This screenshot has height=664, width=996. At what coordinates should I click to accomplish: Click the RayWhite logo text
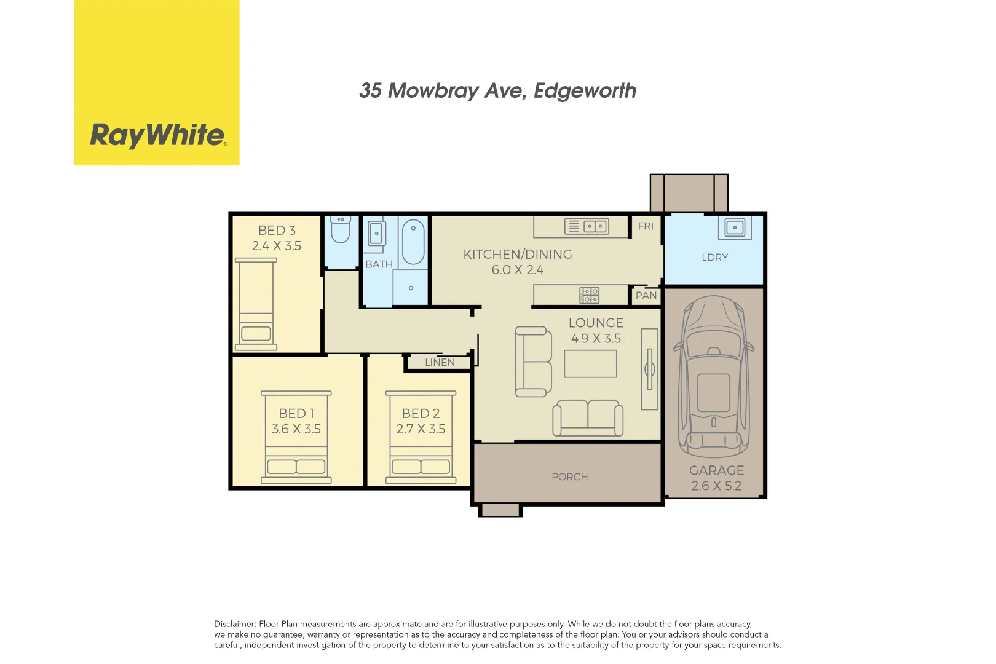[x=158, y=135]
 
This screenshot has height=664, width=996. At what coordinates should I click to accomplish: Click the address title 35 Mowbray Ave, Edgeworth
[x=497, y=91]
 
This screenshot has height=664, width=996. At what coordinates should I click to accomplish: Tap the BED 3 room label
[x=277, y=231]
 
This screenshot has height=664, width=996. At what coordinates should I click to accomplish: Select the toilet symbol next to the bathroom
[x=340, y=230]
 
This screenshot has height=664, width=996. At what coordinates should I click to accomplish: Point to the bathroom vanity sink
[x=376, y=234]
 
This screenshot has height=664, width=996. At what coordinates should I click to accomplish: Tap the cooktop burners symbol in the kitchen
[x=589, y=295]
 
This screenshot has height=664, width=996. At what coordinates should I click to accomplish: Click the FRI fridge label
[x=646, y=226]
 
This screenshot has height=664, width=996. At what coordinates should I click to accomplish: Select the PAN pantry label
[x=646, y=296]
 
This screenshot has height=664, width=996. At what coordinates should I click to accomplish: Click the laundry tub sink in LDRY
[x=735, y=228]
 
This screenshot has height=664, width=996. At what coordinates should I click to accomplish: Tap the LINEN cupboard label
[x=440, y=363]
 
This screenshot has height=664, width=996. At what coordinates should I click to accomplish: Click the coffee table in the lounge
[x=590, y=364]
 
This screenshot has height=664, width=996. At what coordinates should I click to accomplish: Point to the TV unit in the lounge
[x=649, y=369]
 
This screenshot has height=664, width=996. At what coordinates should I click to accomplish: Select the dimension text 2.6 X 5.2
[x=716, y=486]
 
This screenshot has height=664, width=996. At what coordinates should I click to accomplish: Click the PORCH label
[x=569, y=477]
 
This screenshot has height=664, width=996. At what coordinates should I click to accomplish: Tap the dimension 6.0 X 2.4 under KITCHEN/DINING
[x=517, y=270]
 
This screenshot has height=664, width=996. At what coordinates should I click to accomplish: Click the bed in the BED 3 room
[x=256, y=305]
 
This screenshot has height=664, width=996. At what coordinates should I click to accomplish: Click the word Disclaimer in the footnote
[x=234, y=624]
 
